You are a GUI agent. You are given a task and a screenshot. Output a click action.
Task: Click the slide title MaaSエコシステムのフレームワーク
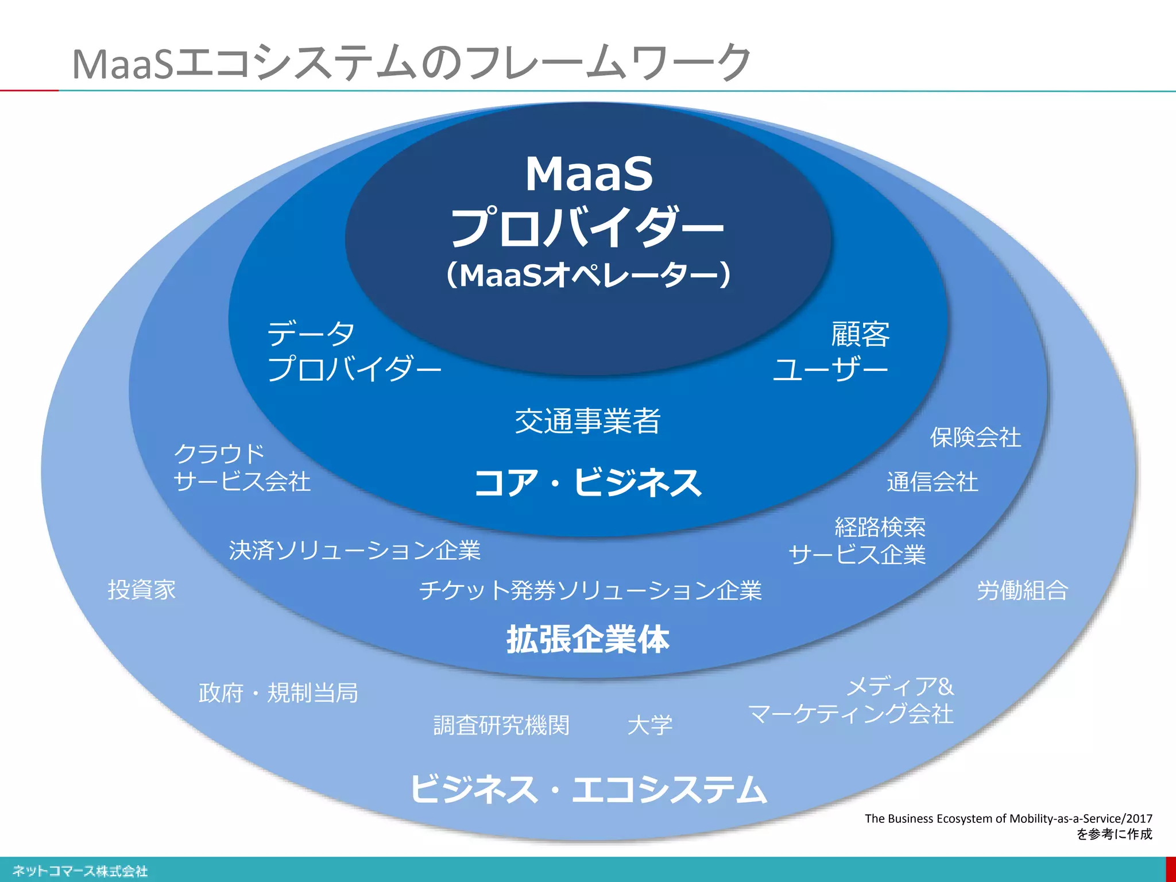411,63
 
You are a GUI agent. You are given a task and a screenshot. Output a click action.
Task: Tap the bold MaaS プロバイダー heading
588,201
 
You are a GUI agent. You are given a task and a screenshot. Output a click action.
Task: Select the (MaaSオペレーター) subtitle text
588,275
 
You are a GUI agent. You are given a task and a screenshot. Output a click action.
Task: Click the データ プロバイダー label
353,351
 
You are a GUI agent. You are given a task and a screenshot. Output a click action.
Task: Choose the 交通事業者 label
587,421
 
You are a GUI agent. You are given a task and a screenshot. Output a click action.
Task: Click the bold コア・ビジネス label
587,482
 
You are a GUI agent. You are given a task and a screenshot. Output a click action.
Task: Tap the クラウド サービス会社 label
241,467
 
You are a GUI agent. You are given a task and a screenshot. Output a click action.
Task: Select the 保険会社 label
975,438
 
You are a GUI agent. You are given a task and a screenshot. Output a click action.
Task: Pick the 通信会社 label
932,482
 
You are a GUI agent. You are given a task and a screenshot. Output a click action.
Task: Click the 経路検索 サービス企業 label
857,541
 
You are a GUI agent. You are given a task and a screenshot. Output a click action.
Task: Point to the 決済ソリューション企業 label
354,550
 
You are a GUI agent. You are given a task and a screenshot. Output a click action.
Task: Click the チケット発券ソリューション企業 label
590,590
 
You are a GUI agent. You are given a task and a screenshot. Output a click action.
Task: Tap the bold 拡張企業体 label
587,640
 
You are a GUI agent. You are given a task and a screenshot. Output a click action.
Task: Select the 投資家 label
142,590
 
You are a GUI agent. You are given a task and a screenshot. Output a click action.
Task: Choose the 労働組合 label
1022,590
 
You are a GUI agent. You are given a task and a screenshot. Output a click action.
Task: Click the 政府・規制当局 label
278,693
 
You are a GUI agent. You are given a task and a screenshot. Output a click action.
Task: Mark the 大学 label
649,725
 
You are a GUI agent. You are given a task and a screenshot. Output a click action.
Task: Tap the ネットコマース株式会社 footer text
80,871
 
